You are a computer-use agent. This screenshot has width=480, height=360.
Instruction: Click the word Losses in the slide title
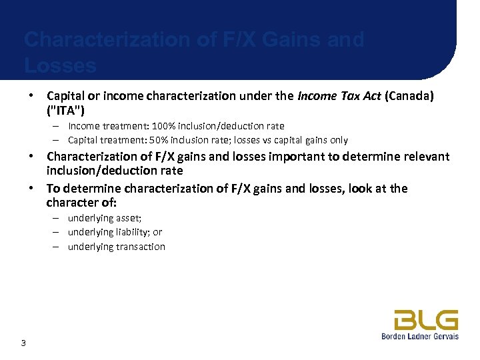(60, 65)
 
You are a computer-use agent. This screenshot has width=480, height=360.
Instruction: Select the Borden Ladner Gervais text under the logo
(420, 337)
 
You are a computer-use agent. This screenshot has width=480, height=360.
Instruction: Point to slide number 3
(23, 343)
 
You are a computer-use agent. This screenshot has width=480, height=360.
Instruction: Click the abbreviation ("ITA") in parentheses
(65, 109)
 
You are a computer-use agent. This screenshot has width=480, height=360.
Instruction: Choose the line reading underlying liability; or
(115, 232)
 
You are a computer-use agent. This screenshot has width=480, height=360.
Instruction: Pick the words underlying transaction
(117, 247)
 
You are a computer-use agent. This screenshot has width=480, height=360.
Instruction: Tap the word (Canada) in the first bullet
(408, 96)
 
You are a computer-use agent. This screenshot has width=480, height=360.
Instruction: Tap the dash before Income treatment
(59, 126)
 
